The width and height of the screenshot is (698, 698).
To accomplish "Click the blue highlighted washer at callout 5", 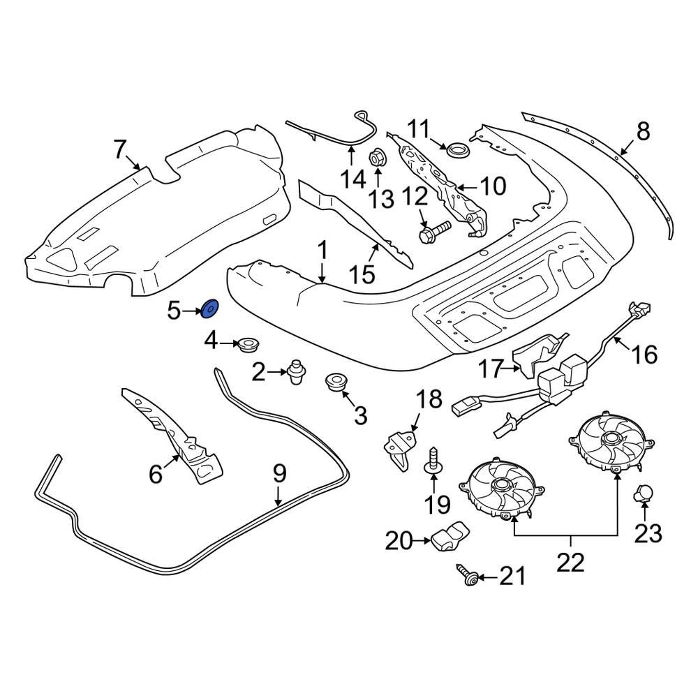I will pyautogui.click(x=209, y=309).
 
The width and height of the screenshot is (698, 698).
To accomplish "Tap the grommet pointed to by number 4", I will pyautogui.click(x=248, y=344).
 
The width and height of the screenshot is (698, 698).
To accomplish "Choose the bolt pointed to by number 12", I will pyautogui.click(x=431, y=234).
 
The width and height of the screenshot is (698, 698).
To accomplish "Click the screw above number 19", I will pyautogui.click(x=432, y=457).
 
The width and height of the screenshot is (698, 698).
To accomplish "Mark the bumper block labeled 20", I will pyautogui.click(x=447, y=537).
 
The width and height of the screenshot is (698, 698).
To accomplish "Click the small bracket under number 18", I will pyautogui.click(x=398, y=447).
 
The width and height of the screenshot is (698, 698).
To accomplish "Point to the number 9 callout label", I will pyautogui.click(x=279, y=475).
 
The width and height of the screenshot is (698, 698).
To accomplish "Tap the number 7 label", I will pyautogui.click(x=119, y=149).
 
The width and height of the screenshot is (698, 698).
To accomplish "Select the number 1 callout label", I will pyautogui.click(x=322, y=251).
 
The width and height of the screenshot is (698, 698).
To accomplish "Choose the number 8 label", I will pyautogui.click(x=643, y=131).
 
